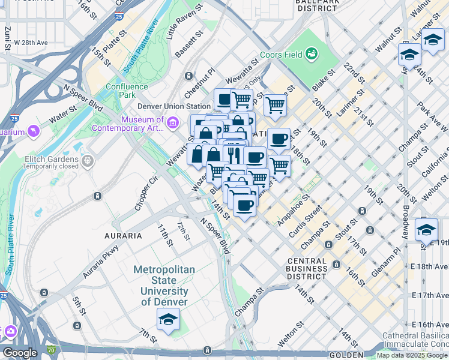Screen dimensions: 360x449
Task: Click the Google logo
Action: [20, 353]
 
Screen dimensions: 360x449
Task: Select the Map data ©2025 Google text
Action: [412, 355]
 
